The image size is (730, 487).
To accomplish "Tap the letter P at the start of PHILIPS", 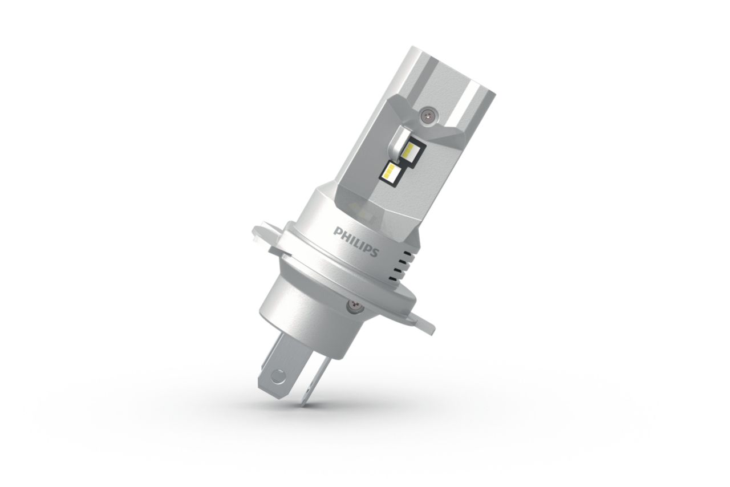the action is coord(336,231).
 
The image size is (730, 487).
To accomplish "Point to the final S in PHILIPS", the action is coord(375,253).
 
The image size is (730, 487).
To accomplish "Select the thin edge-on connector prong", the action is coord(313,379).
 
